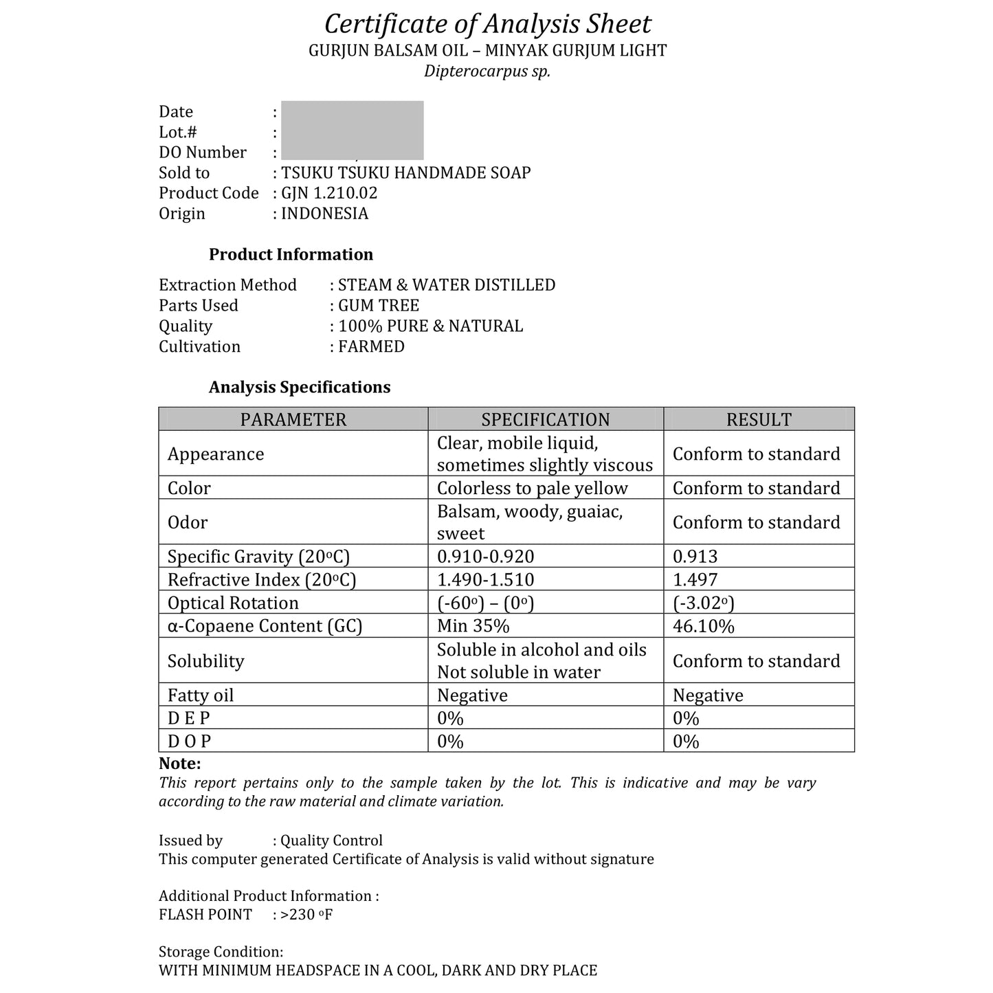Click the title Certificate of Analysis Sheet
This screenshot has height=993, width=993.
point(487,24)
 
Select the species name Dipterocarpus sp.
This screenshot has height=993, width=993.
point(487,71)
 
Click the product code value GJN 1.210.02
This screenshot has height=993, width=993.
point(329,193)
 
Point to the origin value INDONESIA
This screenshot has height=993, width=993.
point(324,214)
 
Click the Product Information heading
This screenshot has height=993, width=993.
point(291,254)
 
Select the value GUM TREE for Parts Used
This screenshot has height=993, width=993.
point(379,305)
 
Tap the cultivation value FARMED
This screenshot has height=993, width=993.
point(371,346)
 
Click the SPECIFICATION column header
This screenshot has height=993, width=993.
point(545,419)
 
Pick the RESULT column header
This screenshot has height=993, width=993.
point(759,419)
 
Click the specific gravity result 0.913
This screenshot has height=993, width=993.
point(695,557)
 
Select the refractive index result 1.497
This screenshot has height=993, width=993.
point(695,579)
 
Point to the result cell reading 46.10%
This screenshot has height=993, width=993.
point(703,626)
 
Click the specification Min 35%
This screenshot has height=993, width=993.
point(473,626)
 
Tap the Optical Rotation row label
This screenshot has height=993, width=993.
point(233,603)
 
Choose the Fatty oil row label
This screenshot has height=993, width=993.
point(201,695)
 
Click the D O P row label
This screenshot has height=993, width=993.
point(189,741)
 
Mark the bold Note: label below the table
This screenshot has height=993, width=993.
point(179,763)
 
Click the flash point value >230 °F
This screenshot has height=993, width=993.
point(306,915)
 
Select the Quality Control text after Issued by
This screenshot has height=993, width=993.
point(331,840)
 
